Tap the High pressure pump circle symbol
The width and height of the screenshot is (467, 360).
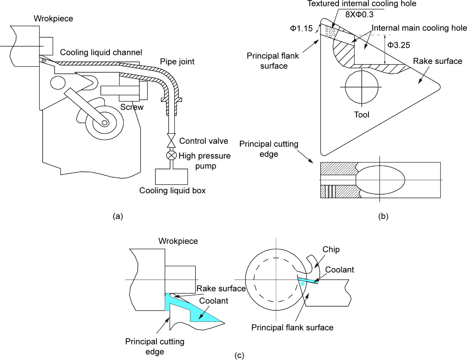(171, 155)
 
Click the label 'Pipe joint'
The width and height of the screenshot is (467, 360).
(177, 62)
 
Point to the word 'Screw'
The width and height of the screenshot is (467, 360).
(132, 107)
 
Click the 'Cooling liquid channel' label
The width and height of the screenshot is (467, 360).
(101, 53)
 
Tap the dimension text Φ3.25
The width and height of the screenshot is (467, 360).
(398, 45)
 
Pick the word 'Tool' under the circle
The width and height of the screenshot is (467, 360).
(361, 115)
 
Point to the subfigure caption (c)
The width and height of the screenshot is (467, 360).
(239, 355)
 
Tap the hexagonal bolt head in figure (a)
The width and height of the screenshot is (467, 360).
(104, 123)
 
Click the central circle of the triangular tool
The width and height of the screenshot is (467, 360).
(362, 87)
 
